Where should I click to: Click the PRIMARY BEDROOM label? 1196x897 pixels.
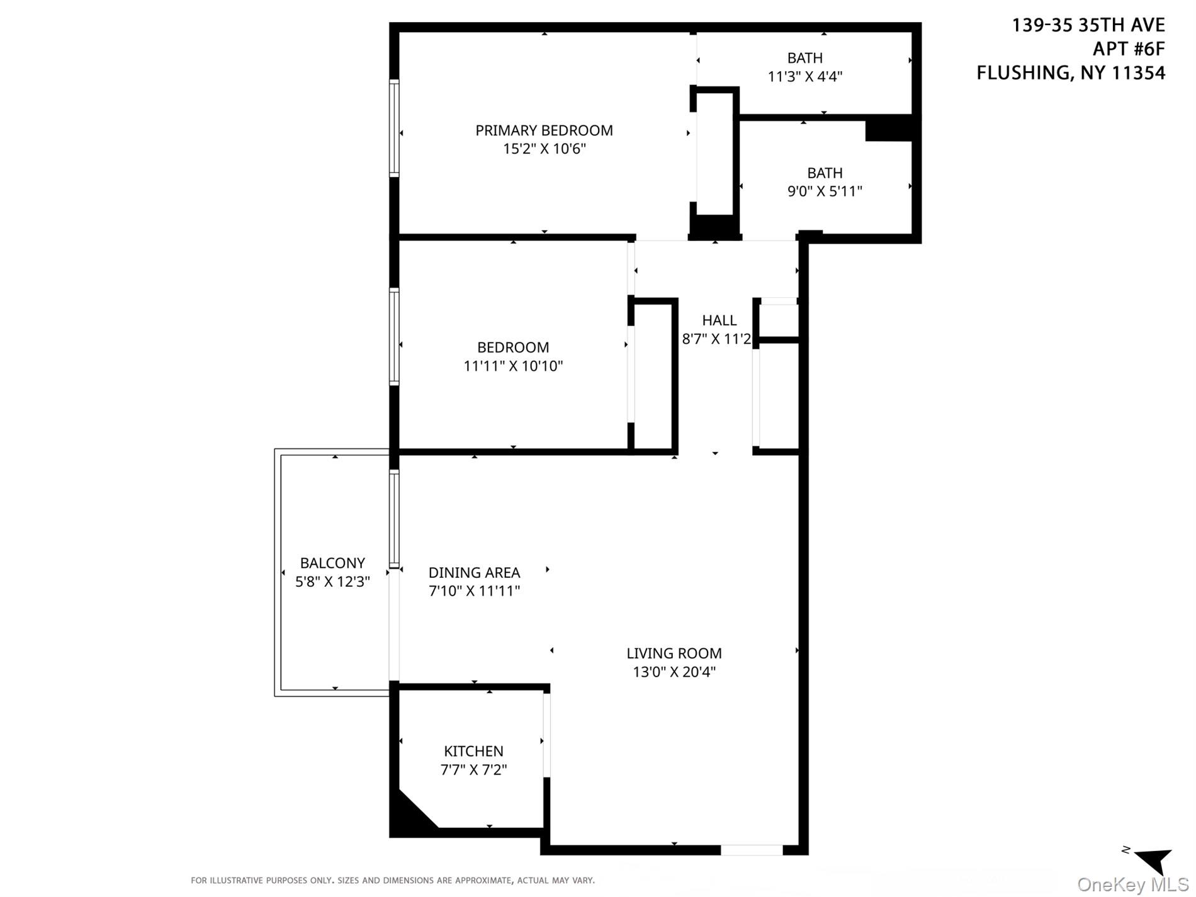point(544,130)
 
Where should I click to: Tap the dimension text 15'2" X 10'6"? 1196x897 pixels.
point(544,149)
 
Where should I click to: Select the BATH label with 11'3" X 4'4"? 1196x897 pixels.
point(804,58)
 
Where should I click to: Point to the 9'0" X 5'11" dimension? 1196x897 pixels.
point(825,191)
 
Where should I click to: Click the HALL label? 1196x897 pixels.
point(719,320)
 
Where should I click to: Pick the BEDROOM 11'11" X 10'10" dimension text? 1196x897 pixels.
point(513,366)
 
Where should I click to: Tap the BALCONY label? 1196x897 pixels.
point(332,563)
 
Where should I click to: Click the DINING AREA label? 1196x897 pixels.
point(474,573)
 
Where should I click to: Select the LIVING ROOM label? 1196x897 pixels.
point(674,653)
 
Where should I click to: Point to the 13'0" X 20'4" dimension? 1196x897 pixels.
point(674,672)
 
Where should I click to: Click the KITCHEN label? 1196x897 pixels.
point(473,751)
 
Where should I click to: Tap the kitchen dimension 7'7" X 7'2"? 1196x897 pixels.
point(473,770)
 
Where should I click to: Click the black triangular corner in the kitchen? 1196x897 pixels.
point(406,815)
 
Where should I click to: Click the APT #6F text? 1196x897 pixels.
point(1128,49)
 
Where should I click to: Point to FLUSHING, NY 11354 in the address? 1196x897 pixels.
point(1070,73)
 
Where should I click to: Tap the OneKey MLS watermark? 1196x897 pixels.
point(1132,884)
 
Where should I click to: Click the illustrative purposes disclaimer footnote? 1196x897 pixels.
point(392,880)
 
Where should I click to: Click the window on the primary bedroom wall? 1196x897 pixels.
point(394,128)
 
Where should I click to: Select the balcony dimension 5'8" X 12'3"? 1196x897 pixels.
point(332,582)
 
